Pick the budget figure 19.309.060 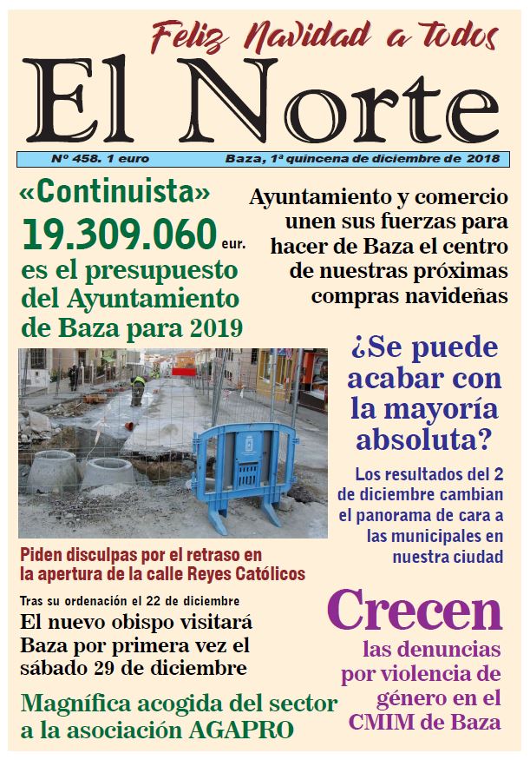tap(119, 234)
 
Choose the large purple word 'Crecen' tap(415, 612)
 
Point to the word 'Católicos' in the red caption tap(264, 573)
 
